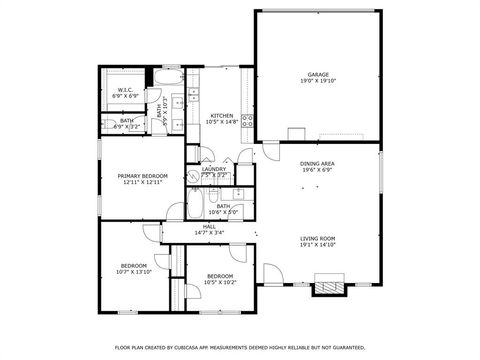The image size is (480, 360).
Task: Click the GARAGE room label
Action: coord(318,74)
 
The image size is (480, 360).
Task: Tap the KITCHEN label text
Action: coord(222,116)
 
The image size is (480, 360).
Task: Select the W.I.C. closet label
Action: coord(125,89)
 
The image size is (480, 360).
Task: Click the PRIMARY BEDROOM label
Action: coord(140,176)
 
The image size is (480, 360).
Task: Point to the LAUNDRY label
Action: coord(214,169)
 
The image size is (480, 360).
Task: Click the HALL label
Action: coord(209,227)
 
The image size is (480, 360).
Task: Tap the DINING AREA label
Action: coord(318,163)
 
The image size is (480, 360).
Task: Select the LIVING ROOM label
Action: coord(318,238)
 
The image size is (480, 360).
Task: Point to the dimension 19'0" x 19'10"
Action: coord(318,80)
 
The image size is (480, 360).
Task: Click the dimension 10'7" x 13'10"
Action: coord(133,271)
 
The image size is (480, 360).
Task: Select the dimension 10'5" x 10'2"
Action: coord(220,281)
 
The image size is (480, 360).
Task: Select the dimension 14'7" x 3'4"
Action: coord(209,232)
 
